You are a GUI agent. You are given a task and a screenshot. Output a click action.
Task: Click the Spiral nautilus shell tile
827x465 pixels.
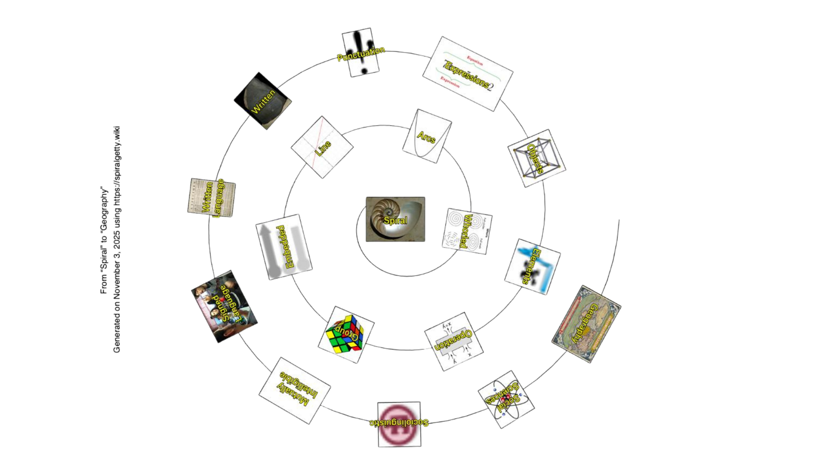[x=395, y=219]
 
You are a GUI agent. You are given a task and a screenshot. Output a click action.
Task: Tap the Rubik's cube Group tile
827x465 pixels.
[x=346, y=335]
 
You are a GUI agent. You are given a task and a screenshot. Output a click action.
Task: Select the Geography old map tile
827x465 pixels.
[x=586, y=323]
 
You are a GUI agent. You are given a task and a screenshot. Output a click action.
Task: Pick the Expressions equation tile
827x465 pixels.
[x=467, y=73]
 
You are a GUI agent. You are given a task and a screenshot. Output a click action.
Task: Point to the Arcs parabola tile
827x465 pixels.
[x=426, y=136]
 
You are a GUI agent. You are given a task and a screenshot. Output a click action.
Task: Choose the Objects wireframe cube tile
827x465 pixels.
[x=536, y=158]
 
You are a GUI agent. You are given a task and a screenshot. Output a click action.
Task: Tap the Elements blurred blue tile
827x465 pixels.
[x=532, y=266]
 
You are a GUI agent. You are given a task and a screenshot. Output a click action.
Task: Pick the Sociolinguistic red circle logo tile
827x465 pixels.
[x=399, y=424]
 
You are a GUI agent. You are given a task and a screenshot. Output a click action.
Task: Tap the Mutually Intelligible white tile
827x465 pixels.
[x=295, y=390]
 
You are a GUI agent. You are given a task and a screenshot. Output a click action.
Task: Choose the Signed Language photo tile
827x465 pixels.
[x=224, y=307]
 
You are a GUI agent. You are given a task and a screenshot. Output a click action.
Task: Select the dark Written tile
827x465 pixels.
[x=263, y=102]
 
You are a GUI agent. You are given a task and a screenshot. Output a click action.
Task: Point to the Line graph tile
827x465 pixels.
[x=322, y=147]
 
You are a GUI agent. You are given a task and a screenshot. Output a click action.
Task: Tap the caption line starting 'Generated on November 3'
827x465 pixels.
[x=117, y=239]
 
